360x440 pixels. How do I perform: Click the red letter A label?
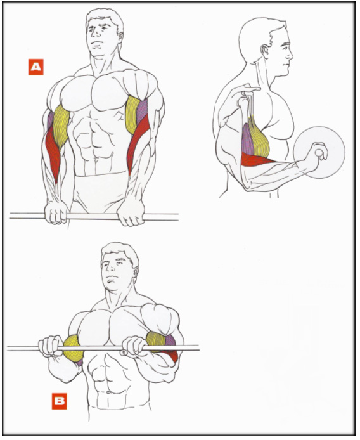[35, 67]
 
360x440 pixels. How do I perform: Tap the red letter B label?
[60, 401]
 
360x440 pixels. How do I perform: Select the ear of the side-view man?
[264, 51]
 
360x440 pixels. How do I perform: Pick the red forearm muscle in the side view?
[256, 160]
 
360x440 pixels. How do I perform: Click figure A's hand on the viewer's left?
[56, 212]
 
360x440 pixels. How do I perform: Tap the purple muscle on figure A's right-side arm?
[142, 112]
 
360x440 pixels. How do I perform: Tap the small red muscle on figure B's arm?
[172, 356]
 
